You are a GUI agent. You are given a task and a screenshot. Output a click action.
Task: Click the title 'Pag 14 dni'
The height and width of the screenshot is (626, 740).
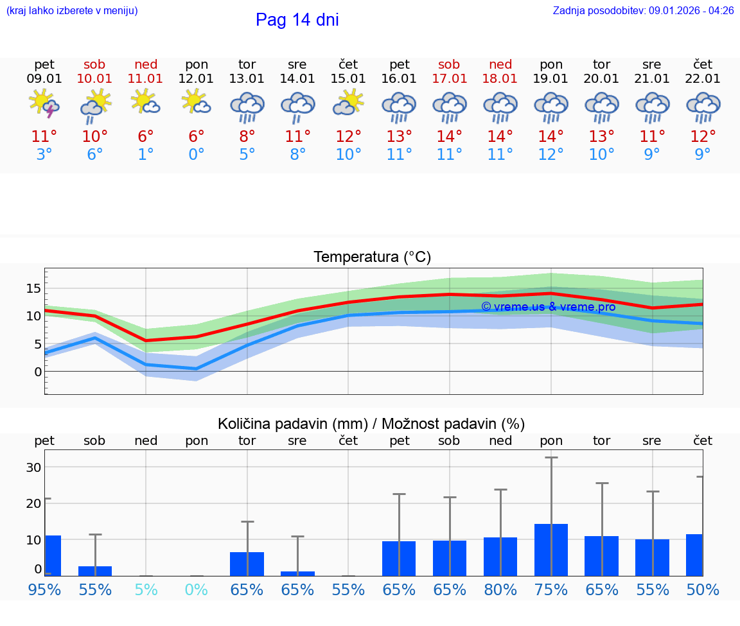pyautogui.click(x=297, y=20)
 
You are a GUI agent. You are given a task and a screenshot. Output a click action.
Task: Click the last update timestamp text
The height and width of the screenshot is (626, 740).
pyautogui.click(x=643, y=11)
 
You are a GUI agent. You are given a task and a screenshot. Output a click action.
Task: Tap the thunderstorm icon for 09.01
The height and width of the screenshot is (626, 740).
pyautogui.click(x=44, y=104)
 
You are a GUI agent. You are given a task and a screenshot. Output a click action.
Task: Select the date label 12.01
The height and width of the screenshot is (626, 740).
pyautogui.click(x=196, y=79)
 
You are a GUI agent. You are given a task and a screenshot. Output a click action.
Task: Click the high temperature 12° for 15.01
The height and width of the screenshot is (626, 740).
pyautogui.click(x=348, y=137)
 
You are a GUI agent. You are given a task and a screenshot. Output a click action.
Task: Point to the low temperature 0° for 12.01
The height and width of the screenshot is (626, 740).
pyautogui.click(x=196, y=155)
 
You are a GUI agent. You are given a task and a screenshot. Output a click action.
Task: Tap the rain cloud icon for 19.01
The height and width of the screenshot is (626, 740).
pyautogui.click(x=551, y=107)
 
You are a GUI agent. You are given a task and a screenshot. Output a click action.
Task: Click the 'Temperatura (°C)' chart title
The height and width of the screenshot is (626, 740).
pyautogui.click(x=372, y=257)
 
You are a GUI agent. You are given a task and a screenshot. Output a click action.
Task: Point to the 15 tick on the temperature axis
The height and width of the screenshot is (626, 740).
pyautogui.click(x=33, y=288)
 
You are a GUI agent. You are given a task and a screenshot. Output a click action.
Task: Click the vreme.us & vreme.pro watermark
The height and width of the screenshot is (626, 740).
pyautogui.click(x=548, y=307)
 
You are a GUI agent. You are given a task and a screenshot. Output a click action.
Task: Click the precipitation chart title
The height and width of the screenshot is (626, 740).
pyautogui.click(x=371, y=424)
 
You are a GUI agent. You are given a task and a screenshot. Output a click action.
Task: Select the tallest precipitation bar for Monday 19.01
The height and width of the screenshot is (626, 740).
pyautogui.click(x=551, y=550)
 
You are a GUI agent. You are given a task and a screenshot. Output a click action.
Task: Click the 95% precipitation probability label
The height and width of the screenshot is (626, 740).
pyautogui.click(x=44, y=589)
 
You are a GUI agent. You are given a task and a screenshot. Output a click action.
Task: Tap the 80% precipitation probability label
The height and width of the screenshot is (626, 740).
pyautogui.click(x=500, y=589)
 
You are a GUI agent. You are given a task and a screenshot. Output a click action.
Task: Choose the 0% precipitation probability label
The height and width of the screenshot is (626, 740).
pyautogui.click(x=196, y=589)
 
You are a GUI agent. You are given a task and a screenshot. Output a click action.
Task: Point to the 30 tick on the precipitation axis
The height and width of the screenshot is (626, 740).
pyautogui.click(x=33, y=467)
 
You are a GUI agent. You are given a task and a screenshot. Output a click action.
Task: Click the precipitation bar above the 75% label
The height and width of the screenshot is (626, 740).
pyautogui.click(x=551, y=550)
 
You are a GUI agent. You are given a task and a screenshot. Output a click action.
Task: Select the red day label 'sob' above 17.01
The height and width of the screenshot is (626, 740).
pyautogui.click(x=449, y=64)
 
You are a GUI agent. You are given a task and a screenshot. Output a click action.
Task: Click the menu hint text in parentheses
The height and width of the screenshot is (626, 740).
pyautogui.click(x=71, y=11)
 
